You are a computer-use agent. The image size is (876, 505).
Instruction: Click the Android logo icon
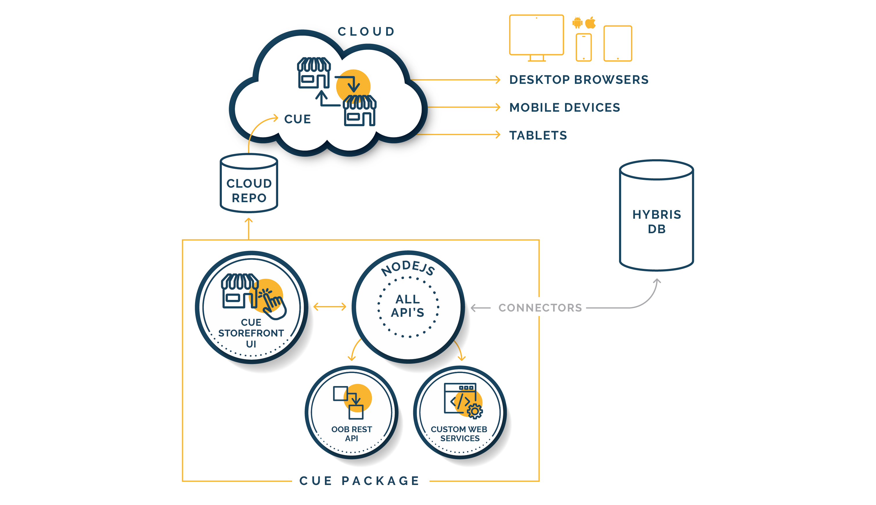pos(577,23)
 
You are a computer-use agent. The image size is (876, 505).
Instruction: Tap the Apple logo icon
pos(590,23)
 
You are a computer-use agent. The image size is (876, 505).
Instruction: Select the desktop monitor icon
pos(537,38)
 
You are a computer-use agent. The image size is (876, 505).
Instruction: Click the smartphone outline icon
pos(584,47)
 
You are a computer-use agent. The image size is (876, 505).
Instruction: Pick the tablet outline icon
pos(618,43)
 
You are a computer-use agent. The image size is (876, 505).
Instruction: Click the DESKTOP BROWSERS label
pos(579,80)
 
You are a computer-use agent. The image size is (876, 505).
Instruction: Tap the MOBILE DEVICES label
pos(564,108)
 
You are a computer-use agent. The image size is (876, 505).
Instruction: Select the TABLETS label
pos(538,135)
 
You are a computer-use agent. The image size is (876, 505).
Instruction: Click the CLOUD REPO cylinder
pos(249,183)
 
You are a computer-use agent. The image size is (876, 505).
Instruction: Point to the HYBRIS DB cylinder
pos(656,215)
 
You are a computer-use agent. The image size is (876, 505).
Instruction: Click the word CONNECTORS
pos(540,308)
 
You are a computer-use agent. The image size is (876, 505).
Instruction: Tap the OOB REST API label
pos(351,434)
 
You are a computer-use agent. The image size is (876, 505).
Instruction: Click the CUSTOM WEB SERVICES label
pos(459,434)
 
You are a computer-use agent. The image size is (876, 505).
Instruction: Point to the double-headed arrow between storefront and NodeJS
pos(330,307)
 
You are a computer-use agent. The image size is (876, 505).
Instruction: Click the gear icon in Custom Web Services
pos(475,411)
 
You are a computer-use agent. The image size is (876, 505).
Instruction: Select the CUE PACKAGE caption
pos(360,481)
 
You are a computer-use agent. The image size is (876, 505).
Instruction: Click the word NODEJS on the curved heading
pos(408,268)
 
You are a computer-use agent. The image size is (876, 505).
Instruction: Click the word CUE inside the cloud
pos(297,119)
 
